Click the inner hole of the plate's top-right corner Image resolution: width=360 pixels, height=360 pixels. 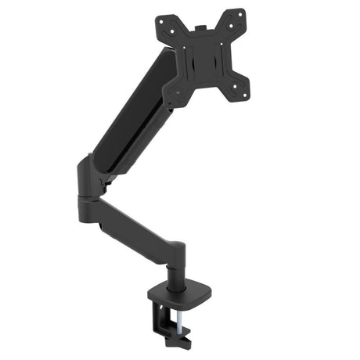230,24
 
